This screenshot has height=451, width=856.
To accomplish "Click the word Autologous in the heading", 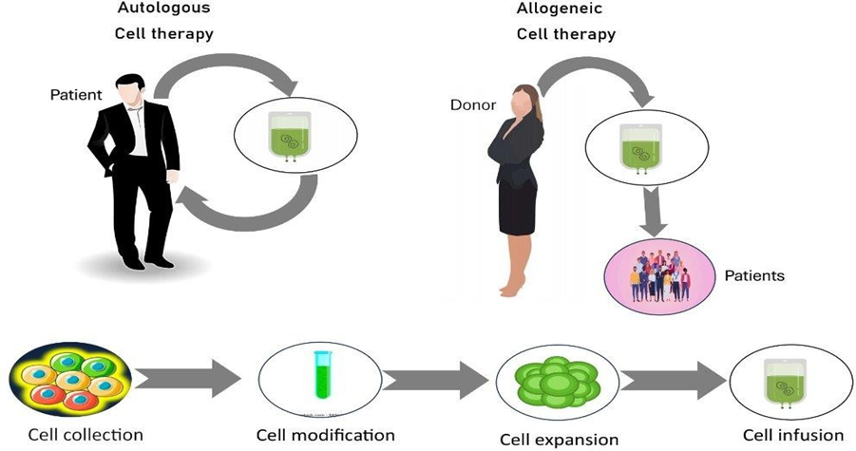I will coord(163,8).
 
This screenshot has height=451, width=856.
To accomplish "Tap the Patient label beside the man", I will coord(76,96).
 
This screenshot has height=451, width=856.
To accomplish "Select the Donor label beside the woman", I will coord(473,103).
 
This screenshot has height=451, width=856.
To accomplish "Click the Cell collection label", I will coord(86,435).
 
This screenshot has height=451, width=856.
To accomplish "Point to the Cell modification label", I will coord(325,435).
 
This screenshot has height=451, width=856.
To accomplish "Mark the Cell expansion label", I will coord(560,440).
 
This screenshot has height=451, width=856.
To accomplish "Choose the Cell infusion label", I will coord(793,435).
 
